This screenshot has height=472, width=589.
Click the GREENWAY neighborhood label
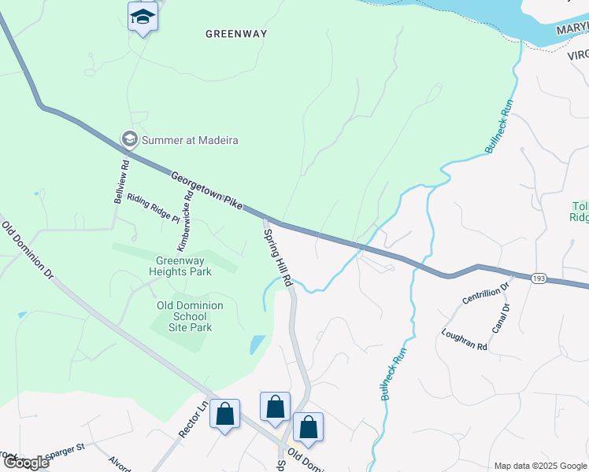(236, 34)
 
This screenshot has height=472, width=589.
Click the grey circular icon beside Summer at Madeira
(129, 139)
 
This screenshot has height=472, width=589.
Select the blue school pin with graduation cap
(143, 17)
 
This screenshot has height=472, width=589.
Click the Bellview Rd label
(121, 182)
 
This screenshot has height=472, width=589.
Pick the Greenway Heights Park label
(183, 267)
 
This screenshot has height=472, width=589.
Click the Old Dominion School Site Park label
(190, 316)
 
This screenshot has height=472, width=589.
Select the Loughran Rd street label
(465, 340)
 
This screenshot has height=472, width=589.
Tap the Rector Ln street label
(191, 420)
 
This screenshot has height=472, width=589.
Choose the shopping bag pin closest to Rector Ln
(224, 413)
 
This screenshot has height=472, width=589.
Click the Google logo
(25, 463)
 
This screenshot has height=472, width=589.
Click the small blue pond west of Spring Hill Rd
(257, 345)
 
